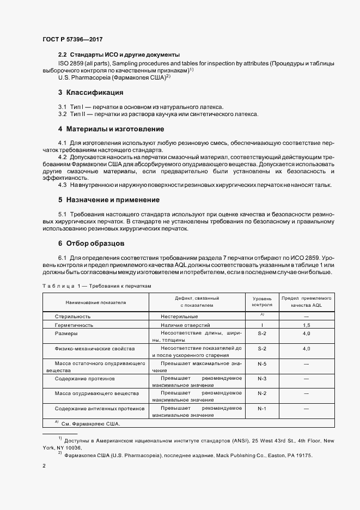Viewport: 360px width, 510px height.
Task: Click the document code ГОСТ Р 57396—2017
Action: (72, 40)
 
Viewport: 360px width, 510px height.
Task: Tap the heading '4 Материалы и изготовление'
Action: (111, 129)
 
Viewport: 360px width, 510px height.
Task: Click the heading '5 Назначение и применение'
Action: (109, 200)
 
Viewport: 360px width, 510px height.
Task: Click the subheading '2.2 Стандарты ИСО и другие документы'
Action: (119, 55)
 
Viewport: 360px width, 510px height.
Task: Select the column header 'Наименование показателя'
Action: (96, 302)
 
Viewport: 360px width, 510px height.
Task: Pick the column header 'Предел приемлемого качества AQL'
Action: (307, 302)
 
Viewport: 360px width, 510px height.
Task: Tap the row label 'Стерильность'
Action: (72, 316)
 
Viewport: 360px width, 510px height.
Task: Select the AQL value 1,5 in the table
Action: (307, 325)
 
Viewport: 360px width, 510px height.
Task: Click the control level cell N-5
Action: (261, 363)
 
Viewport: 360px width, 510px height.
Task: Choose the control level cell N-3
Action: (261, 378)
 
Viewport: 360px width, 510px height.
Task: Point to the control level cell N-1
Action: (261, 408)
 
